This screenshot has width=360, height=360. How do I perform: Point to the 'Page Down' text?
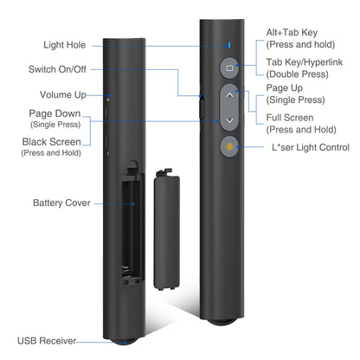coord(55,113)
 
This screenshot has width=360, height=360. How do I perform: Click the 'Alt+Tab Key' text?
coord(292,31)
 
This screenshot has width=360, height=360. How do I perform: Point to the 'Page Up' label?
coord(286,88)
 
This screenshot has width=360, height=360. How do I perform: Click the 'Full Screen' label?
coord(291,117)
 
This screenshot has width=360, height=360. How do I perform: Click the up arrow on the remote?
coord(228,96)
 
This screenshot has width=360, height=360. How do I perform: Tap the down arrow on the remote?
coord(228,121)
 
